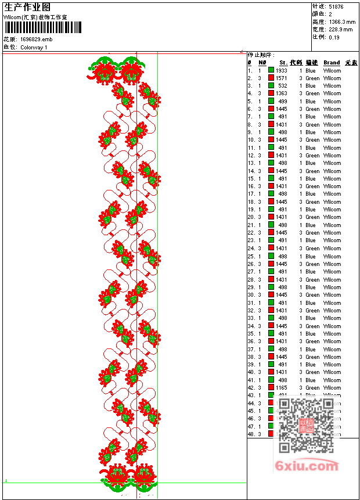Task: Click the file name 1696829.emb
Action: (36, 39)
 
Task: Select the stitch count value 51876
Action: (336, 7)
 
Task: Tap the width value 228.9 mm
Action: (341, 30)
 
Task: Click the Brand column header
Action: (332, 63)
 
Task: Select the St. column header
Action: (283, 63)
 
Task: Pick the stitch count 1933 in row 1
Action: (282, 70)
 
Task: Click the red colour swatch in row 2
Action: (271, 78)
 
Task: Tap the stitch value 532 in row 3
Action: (283, 86)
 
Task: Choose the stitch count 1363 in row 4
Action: (282, 93)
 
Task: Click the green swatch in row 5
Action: (271, 101)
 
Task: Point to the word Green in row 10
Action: (312, 140)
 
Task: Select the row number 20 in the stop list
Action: (251, 217)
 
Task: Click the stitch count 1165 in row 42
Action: (282, 388)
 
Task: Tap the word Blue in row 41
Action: (311, 380)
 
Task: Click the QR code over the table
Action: (305, 425)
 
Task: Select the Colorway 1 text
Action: (34, 47)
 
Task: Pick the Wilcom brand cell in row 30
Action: (332, 295)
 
